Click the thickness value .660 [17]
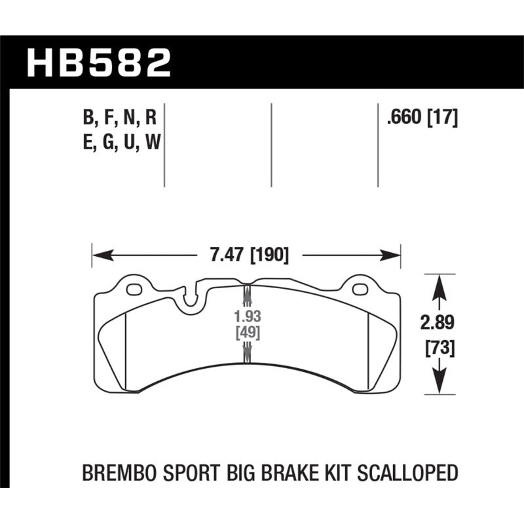click(x=422, y=118)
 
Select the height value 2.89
click(x=438, y=323)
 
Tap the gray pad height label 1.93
click(x=247, y=317)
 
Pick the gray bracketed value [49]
click(x=247, y=333)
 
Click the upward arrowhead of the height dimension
click(x=438, y=282)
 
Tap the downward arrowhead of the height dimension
click(x=438, y=386)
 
